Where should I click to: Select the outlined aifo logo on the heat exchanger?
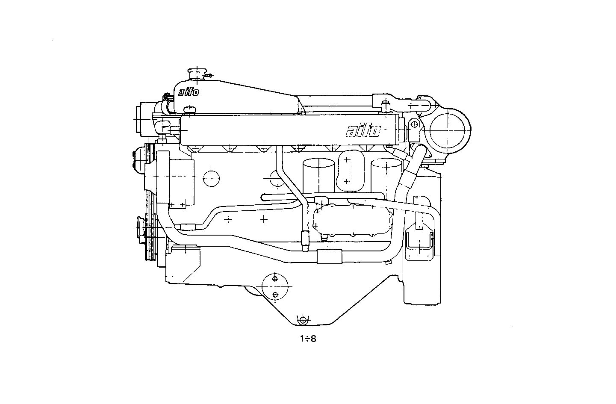point(363,131)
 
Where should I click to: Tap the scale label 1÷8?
point(308,339)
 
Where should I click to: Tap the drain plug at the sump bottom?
point(303,320)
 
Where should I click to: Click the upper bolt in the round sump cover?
point(275,279)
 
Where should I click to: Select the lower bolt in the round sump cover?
point(275,295)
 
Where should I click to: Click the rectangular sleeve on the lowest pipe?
point(330,257)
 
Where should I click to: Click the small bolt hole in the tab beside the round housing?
point(414,124)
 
